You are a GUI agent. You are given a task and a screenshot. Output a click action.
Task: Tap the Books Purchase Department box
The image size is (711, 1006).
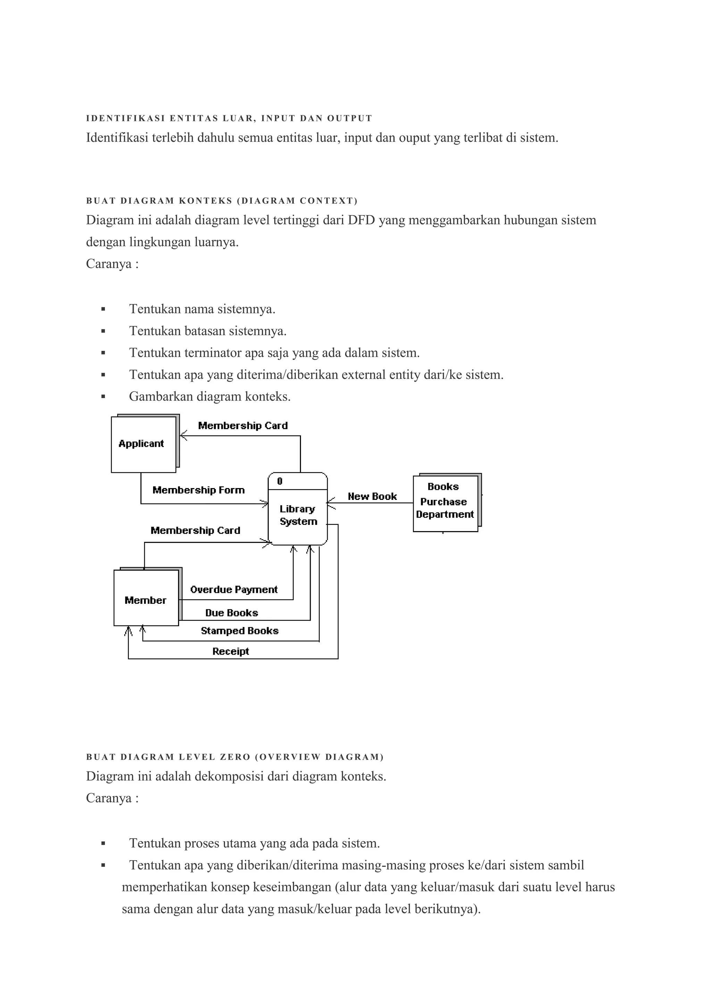[x=445, y=503]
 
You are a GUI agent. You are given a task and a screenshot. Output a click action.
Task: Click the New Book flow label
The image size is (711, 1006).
[x=372, y=496]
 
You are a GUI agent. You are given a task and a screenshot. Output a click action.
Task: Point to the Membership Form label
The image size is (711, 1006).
[x=198, y=490]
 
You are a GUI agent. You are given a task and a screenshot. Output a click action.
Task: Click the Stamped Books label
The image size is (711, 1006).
[x=240, y=631]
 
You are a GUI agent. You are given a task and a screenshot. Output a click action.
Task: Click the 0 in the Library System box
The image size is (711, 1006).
[x=280, y=481]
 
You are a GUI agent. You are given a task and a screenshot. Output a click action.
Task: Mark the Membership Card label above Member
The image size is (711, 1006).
[x=195, y=530]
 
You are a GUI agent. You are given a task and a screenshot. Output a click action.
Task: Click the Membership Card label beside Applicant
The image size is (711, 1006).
[x=243, y=426]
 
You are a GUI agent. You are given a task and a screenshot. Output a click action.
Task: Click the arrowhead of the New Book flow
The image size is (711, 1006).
[x=330, y=503]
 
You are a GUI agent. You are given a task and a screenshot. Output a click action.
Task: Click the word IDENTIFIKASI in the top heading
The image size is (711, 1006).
[x=125, y=118]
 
